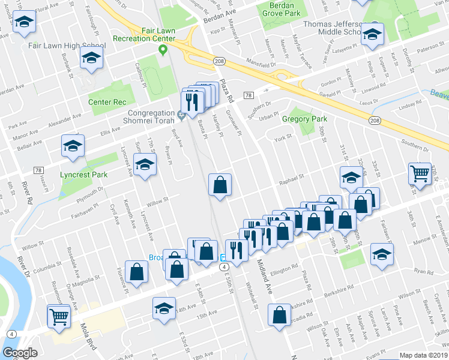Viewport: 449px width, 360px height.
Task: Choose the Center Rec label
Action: (x=107, y=102)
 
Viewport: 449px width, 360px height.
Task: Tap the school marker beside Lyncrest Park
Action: (x=144, y=165)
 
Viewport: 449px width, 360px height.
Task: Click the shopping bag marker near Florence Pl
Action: (x=137, y=272)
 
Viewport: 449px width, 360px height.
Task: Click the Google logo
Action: (x=20, y=353)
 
